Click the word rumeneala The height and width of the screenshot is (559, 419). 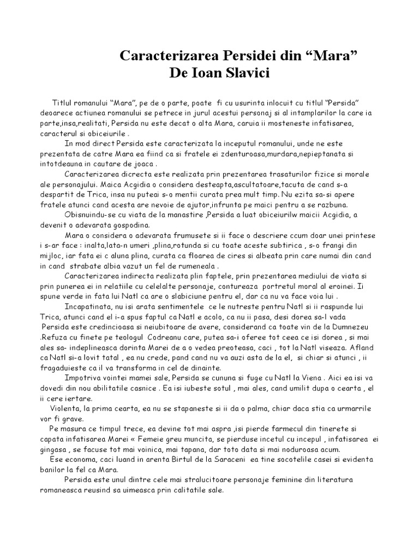pos(195,266)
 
